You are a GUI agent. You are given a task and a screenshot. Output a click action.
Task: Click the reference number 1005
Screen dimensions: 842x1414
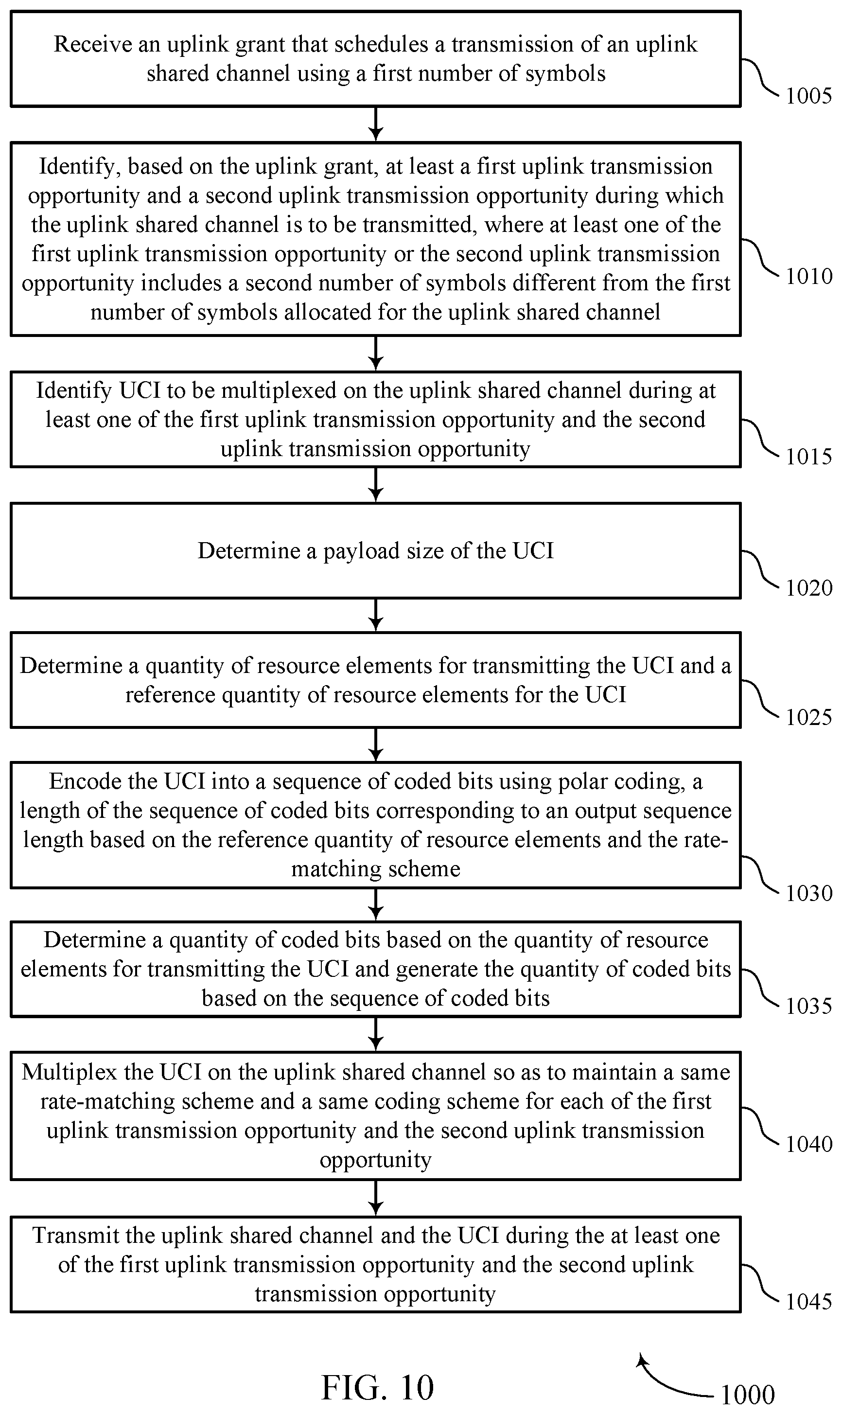808,95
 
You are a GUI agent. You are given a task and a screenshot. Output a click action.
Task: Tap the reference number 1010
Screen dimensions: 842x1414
808,276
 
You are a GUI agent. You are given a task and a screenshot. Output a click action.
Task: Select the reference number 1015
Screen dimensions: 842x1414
808,456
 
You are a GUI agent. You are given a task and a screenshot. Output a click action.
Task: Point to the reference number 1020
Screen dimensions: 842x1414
808,587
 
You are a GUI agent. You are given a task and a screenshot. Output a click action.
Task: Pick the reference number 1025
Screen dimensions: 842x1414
808,717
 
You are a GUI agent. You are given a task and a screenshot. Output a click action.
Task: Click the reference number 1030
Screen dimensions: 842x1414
808,893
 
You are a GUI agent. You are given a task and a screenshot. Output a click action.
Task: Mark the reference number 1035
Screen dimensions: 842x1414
808,1006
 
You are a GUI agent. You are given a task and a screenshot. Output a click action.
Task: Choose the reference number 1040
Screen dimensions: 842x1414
808,1144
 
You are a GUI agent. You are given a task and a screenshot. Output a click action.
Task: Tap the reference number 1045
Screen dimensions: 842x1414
808,1301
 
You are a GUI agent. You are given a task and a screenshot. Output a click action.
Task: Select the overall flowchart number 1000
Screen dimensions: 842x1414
748,1394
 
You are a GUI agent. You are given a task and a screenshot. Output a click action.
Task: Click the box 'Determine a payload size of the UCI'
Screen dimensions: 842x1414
376,550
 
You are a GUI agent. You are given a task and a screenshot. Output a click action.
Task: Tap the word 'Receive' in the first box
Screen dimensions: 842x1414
92,44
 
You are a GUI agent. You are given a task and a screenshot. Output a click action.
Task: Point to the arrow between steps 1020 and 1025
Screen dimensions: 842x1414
376,615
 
